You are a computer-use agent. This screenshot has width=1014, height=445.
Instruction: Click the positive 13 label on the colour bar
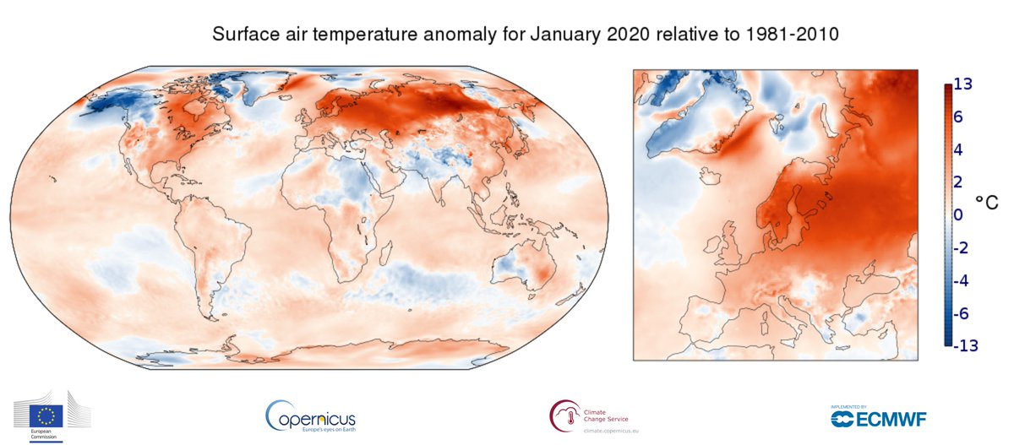point(962,84)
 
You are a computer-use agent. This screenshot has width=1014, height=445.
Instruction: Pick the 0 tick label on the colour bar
point(958,214)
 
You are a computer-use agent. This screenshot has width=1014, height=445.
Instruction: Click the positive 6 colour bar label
point(959,117)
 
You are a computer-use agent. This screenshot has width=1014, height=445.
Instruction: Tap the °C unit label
point(986,204)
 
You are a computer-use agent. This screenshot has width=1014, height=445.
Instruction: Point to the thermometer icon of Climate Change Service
point(564,415)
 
